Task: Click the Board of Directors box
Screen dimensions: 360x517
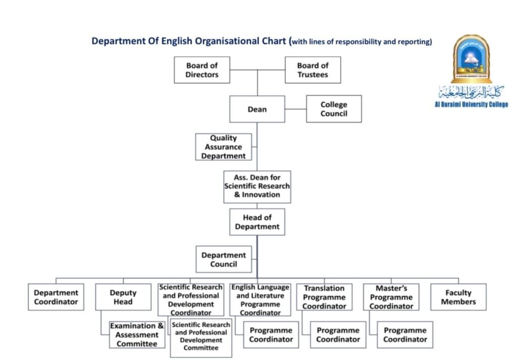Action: click(x=202, y=70)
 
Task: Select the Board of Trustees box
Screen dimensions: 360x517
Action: click(x=313, y=70)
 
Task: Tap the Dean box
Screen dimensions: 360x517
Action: click(x=257, y=109)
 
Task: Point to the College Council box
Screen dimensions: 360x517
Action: click(x=334, y=109)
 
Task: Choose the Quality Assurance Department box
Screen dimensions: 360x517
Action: click(x=223, y=147)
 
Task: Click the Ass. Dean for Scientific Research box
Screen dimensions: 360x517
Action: click(x=257, y=186)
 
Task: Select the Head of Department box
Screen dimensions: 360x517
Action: click(x=257, y=222)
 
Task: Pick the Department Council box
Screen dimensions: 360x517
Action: click(x=224, y=260)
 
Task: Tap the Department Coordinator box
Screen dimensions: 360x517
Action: click(x=56, y=297)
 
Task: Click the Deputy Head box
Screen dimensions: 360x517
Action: click(x=123, y=297)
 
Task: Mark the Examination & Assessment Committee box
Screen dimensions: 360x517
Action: click(x=137, y=335)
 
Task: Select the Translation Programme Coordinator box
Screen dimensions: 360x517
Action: click(x=324, y=297)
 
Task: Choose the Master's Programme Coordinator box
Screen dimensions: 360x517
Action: click(x=391, y=297)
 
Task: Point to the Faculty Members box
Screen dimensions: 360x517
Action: click(x=458, y=297)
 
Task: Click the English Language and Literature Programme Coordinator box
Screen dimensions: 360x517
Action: click(x=261, y=300)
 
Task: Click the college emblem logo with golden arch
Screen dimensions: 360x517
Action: click(x=472, y=59)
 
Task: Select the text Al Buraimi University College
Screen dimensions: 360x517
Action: click(x=471, y=105)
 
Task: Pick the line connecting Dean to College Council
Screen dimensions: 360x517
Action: click(x=295, y=109)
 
